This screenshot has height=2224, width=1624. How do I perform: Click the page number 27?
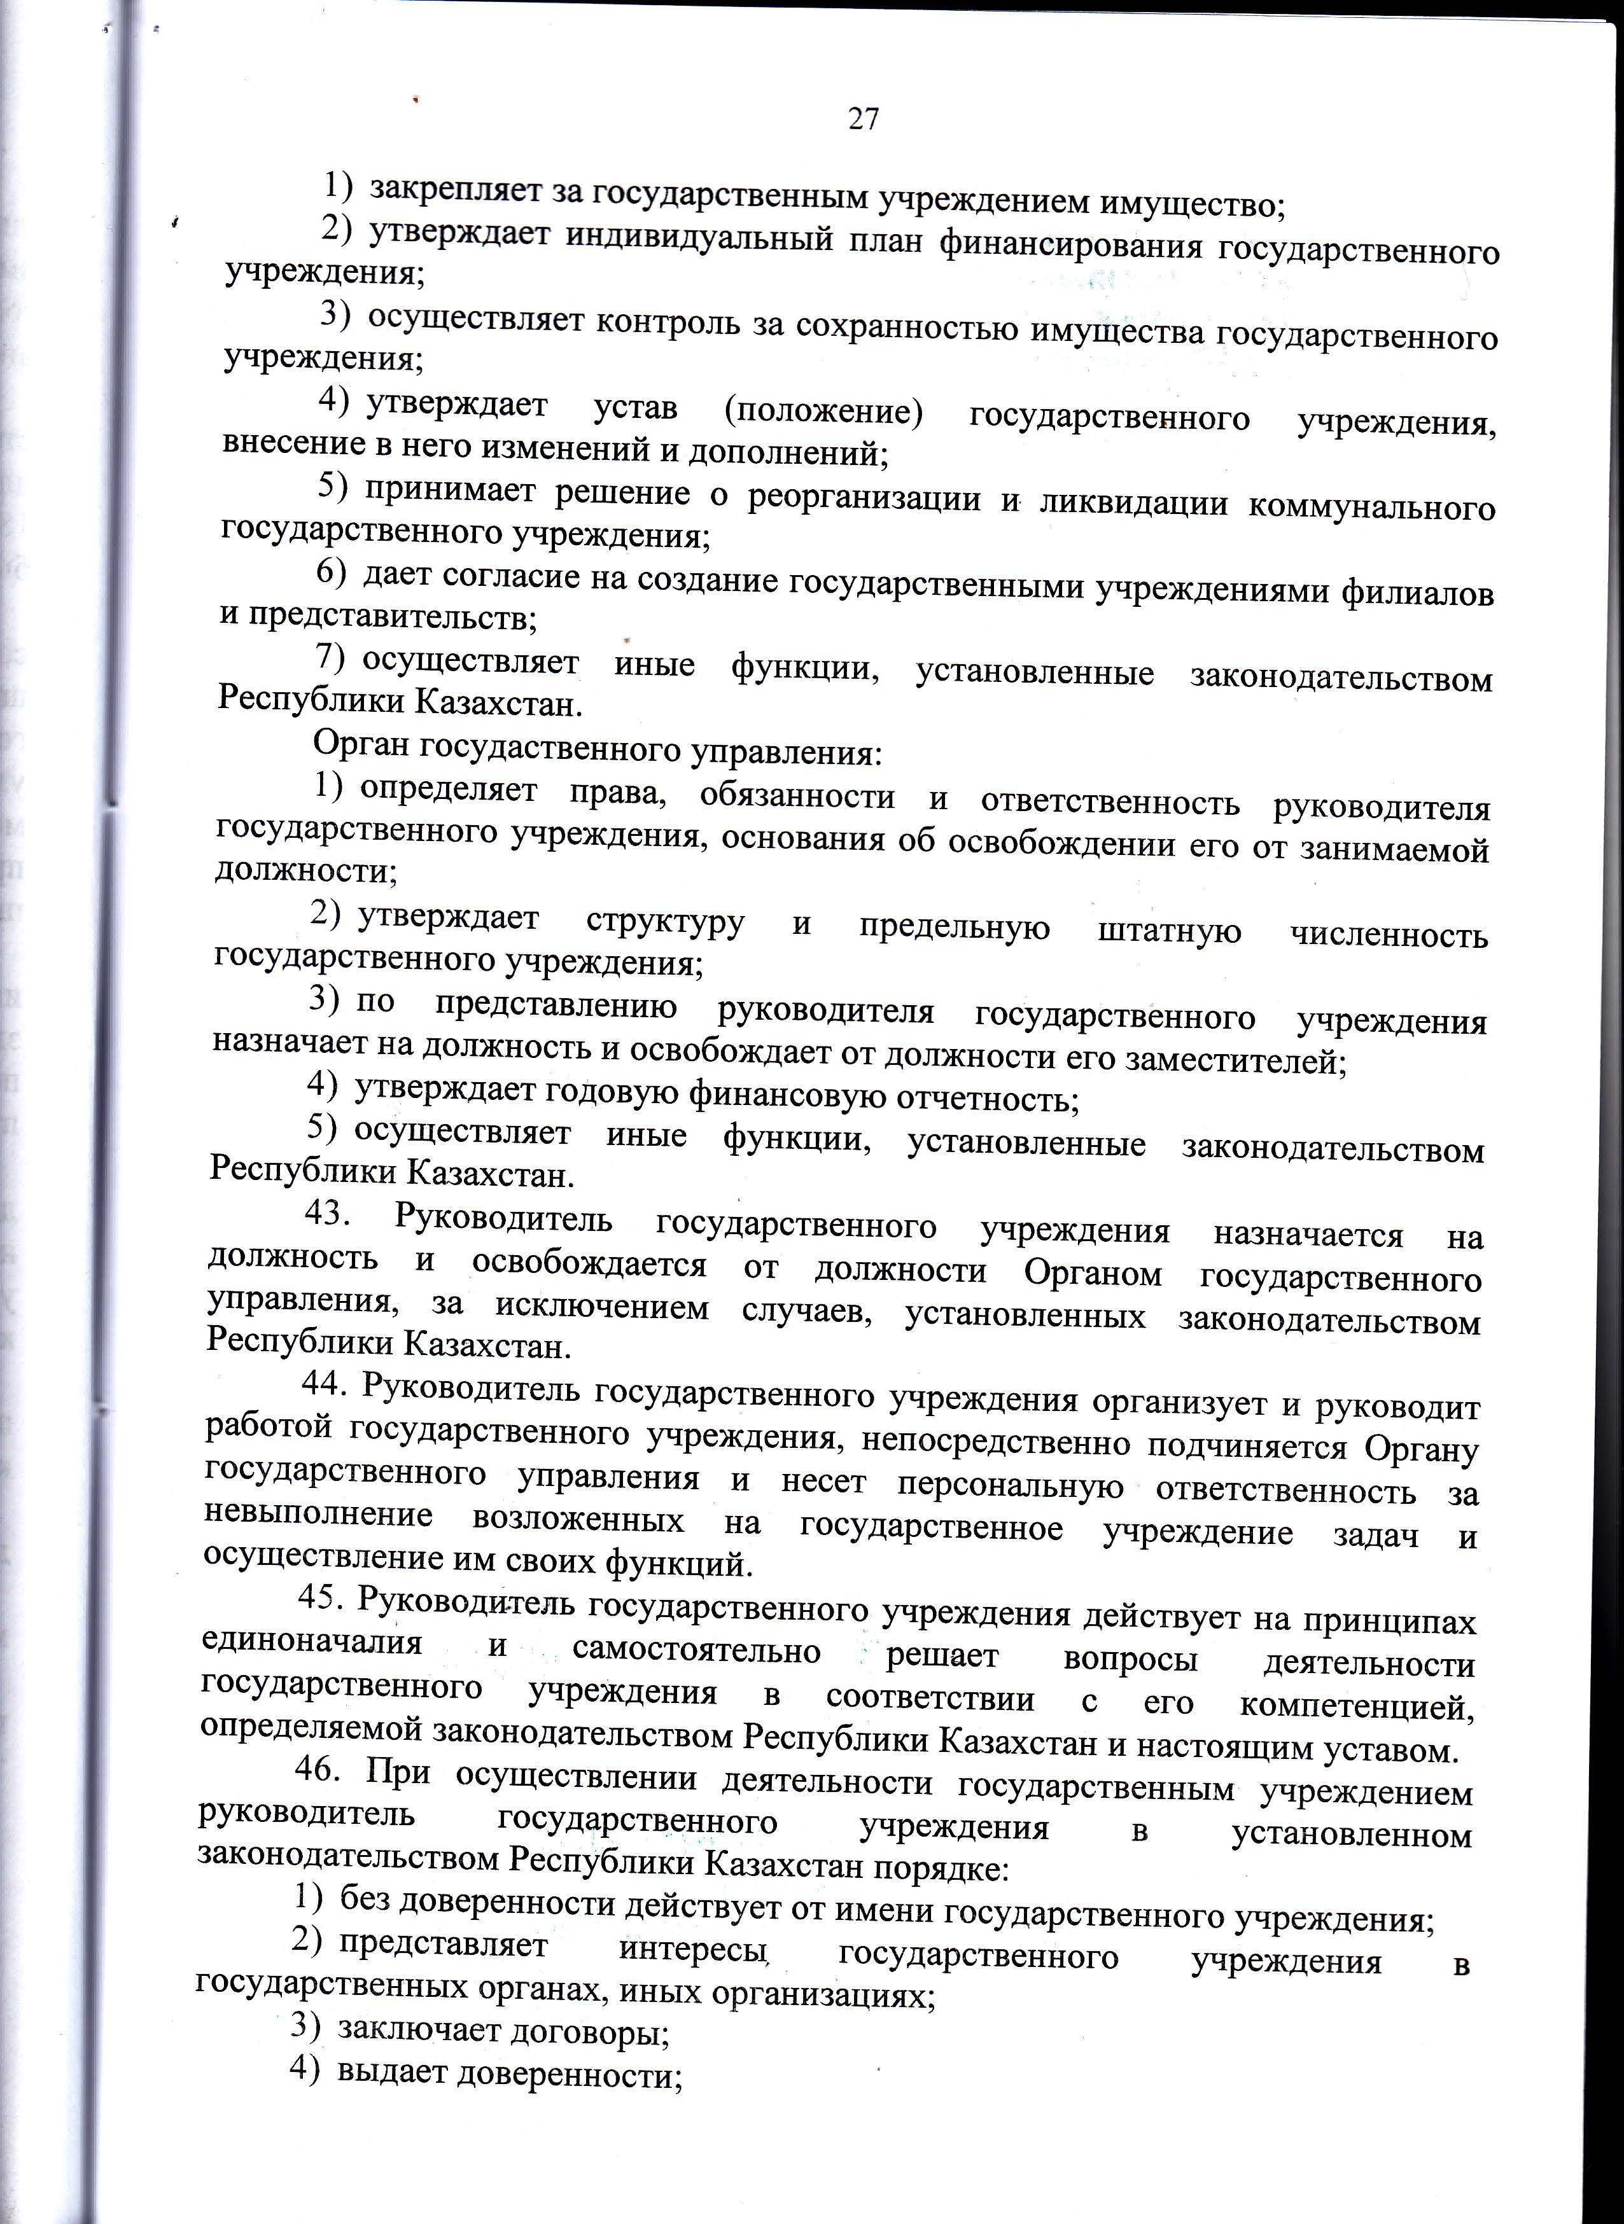[x=862, y=119]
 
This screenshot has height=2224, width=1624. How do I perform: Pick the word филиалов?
[x=1418, y=593]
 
